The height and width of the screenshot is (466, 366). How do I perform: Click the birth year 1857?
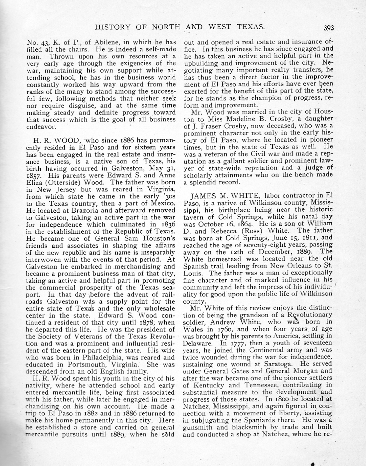coord(34,175)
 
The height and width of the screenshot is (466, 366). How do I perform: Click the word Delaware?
coord(198,343)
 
